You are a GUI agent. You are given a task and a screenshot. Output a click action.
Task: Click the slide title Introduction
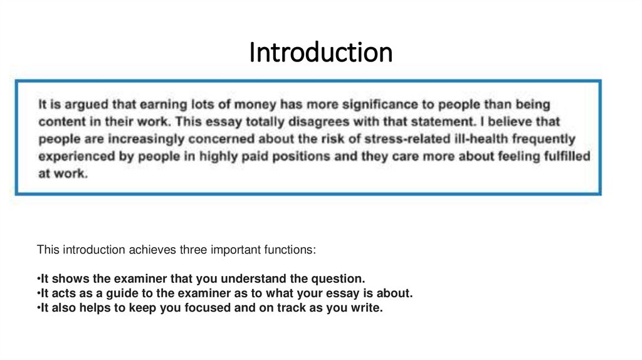point(320,53)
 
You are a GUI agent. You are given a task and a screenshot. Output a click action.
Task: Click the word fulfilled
point(567,156)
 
